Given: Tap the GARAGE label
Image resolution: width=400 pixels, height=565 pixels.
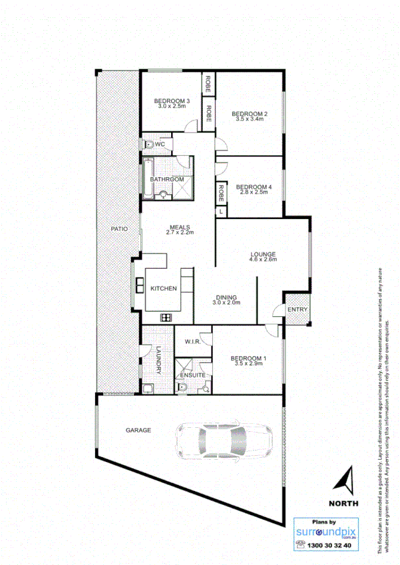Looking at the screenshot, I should [138, 431].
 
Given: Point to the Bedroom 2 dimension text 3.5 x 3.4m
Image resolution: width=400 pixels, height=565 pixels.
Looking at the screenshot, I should [250, 120].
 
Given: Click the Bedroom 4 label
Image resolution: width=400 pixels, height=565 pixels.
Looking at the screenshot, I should [252, 186].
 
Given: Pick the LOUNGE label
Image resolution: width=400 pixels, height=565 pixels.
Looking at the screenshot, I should [263, 254].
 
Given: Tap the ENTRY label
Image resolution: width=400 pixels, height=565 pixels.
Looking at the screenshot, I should [296, 311].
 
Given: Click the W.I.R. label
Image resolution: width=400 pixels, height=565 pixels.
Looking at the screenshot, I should [193, 343].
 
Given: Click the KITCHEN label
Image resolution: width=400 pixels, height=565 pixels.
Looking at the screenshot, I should [163, 288].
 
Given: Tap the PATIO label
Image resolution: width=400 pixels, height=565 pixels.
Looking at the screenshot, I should [118, 228].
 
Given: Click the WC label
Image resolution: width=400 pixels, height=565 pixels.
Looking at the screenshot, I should [160, 144].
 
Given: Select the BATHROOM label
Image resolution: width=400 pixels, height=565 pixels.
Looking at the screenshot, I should [166, 180].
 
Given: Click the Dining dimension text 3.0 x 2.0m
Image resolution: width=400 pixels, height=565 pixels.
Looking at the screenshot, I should [226, 303].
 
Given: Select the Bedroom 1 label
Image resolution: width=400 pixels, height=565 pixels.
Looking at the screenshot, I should [248, 359].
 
